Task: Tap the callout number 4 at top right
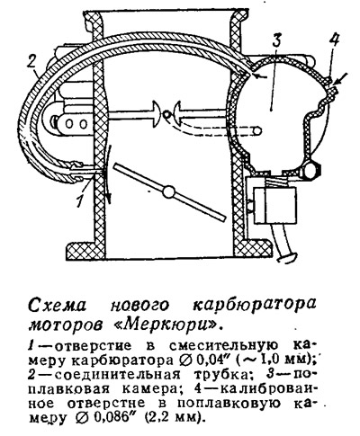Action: click(x=332, y=38)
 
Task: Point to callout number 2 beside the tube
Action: click(x=32, y=63)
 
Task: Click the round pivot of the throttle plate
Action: click(x=169, y=191)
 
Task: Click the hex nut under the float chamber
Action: click(x=312, y=170)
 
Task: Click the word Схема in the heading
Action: click(x=57, y=305)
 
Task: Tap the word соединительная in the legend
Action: click(x=117, y=374)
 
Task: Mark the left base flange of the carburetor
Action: click(x=86, y=250)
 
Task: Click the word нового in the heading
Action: click(x=139, y=306)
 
